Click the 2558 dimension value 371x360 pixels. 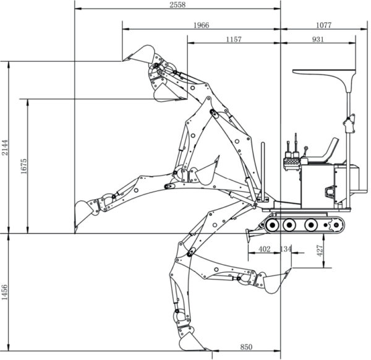pyautogui.click(x=177, y=5)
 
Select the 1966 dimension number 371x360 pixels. pyautogui.click(x=202, y=25)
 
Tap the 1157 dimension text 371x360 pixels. pyautogui.click(x=234, y=40)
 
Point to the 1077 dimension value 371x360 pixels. pyautogui.click(x=324, y=25)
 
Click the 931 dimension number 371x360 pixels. pyautogui.click(x=318, y=40)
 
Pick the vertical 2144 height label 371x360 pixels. pyautogui.click(x=5, y=147)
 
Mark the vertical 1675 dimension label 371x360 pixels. pyautogui.click(x=24, y=166)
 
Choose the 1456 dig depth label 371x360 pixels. pyautogui.click(x=4, y=292)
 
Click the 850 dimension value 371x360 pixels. pyautogui.click(x=246, y=347)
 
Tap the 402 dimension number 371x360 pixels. pyautogui.click(x=264, y=249)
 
